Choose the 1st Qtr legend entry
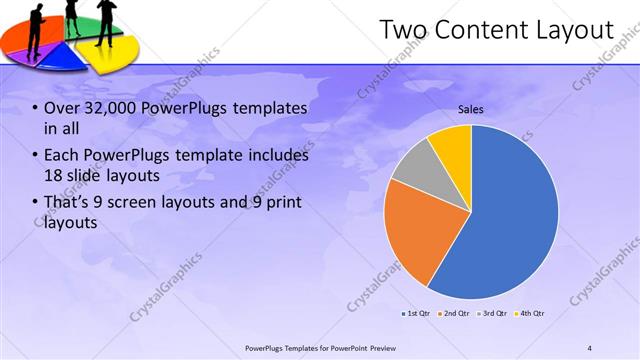(417, 313)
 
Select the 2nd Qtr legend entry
(455, 313)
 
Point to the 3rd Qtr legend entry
(493, 313)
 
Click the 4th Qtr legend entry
(530, 313)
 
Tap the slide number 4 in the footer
(590, 347)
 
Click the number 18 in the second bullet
(56, 176)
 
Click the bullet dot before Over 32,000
(36, 108)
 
